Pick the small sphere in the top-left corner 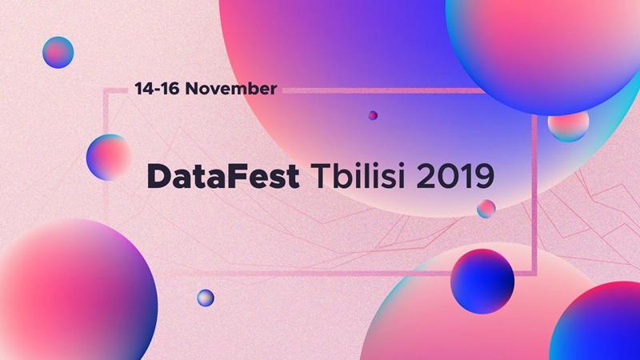[x=58, y=52]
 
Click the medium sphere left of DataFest [x=108, y=155]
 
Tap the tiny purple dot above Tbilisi [x=373, y=115]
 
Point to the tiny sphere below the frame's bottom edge [x=206, y=298]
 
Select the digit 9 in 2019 [x=486, y=176]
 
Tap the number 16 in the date [x=168, y=89]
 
